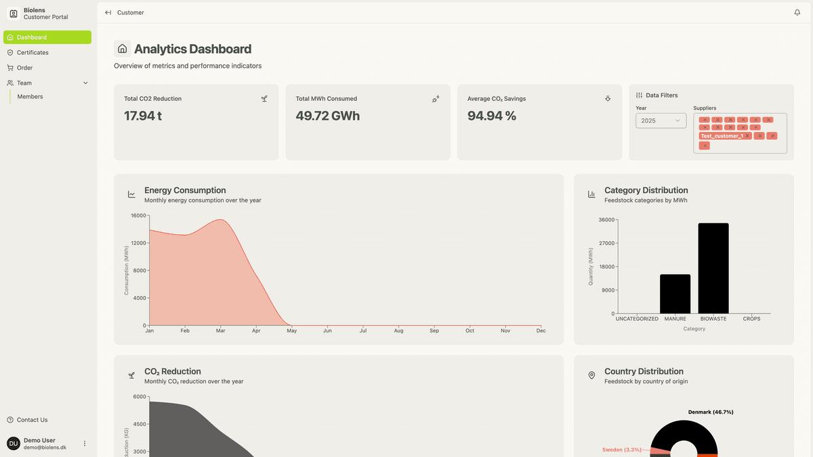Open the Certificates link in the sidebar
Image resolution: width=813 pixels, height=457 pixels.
[x=33, y=53]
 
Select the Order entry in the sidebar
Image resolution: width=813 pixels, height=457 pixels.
[x=24, y=68]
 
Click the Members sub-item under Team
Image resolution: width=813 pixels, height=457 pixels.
[x=30, y=97]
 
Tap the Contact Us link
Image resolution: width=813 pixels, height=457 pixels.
[x=32, y=420]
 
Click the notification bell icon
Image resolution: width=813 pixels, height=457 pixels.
[x=797, y=12]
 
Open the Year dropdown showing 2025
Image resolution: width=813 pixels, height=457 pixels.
[x=661, y=121]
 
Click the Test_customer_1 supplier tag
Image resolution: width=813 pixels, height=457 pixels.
[x=722, y=136]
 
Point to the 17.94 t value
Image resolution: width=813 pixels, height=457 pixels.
[x=143, y=116]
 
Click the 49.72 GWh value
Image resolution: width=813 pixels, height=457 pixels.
[x=328, y=116]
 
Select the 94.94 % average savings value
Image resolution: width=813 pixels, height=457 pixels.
[x=492, y=116]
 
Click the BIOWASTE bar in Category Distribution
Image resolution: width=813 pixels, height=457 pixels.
[x=713, y=268]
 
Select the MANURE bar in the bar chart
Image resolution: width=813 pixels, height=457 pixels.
[x=675, y=294]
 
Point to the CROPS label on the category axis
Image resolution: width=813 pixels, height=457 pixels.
[x=751, y=319]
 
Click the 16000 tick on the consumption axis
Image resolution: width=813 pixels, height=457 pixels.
[x=138, y=216]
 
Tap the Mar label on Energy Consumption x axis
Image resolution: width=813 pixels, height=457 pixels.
[x=220, y=331]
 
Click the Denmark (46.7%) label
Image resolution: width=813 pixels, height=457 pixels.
[x=711, y=412]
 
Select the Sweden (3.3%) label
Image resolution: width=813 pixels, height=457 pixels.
[x=621, y=450]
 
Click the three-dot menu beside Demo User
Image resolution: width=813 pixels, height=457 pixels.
[x=85, y=443]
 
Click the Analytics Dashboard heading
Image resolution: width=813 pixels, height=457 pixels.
[x=192, y=49]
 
